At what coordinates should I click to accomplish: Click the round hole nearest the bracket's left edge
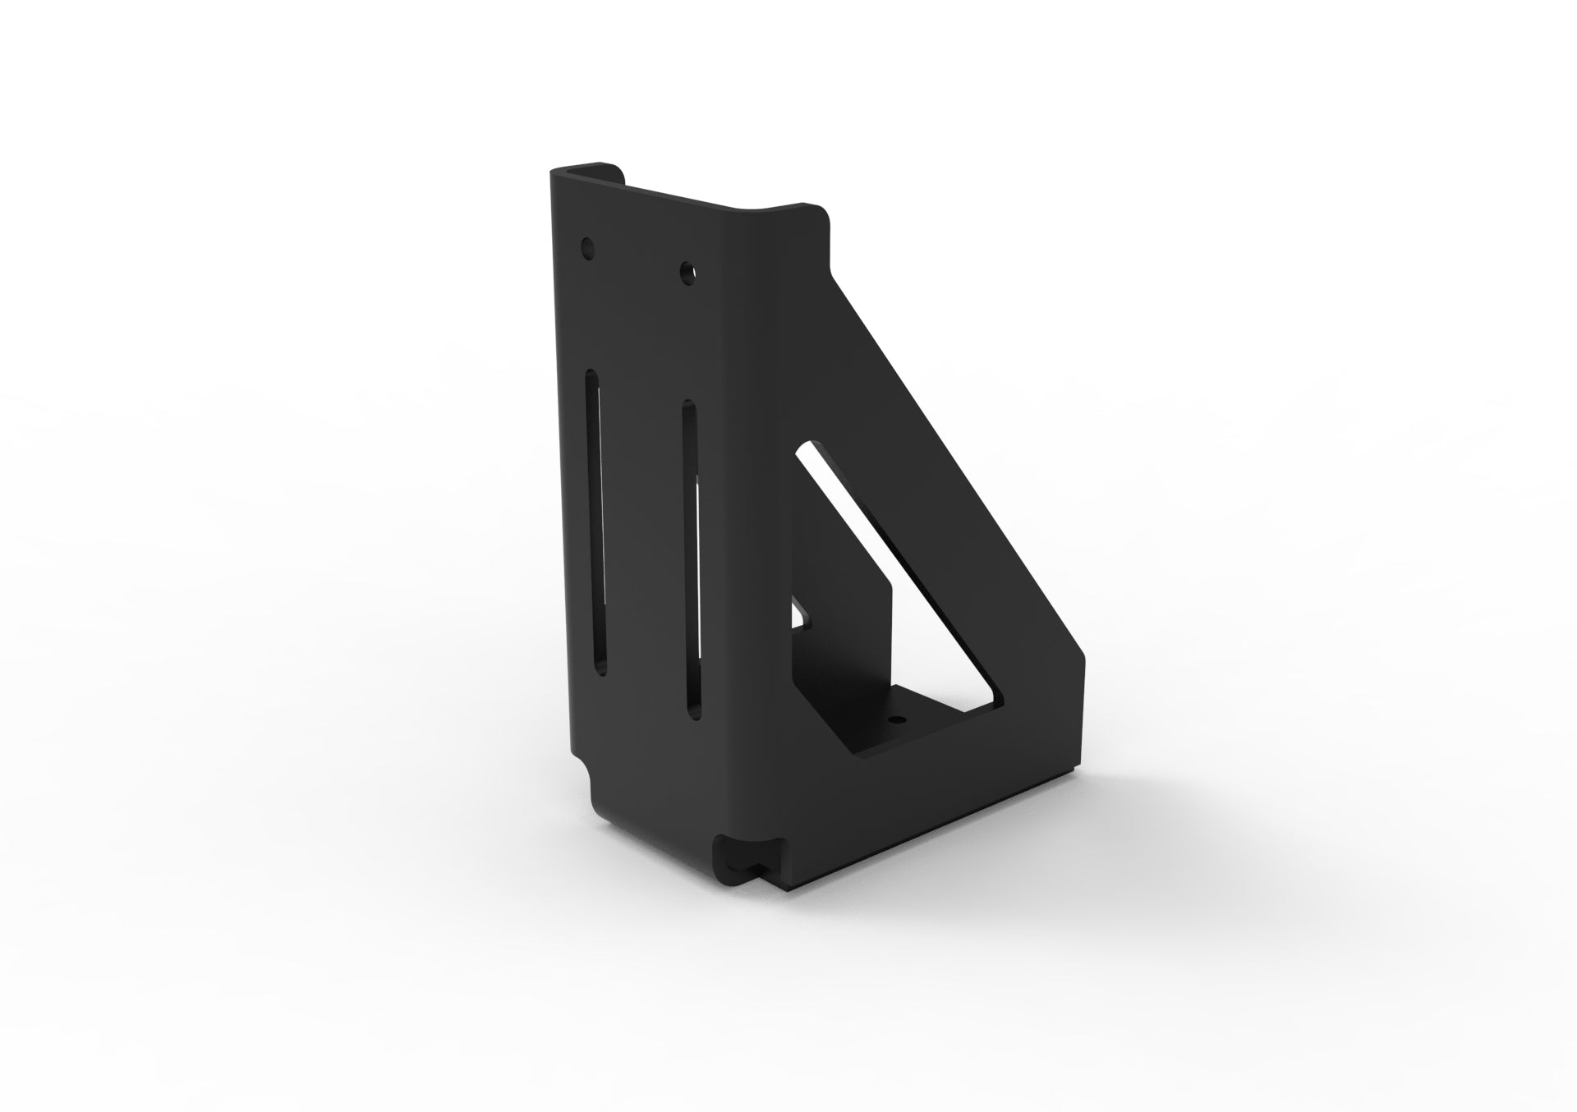pos(586,246)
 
